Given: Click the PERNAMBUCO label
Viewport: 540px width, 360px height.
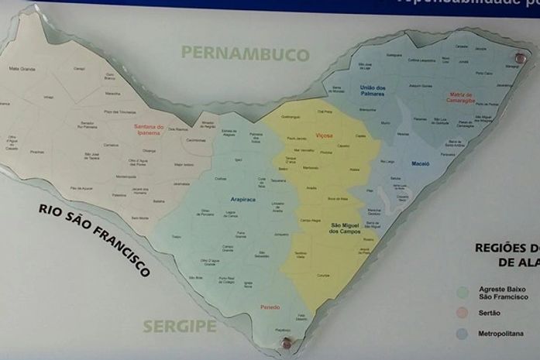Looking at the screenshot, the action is [245, 53].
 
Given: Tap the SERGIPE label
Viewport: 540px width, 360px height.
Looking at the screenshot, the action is [180, 326].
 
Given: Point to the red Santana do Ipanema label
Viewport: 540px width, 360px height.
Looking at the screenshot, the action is [149, 130].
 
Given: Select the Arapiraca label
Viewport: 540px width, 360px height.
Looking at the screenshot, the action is [242, 199].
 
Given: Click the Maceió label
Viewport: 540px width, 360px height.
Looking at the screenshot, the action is [420, 164].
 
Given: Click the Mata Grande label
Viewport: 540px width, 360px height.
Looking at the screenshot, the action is [22, 69].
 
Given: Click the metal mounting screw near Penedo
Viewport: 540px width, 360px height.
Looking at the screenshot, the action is [287, 341].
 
